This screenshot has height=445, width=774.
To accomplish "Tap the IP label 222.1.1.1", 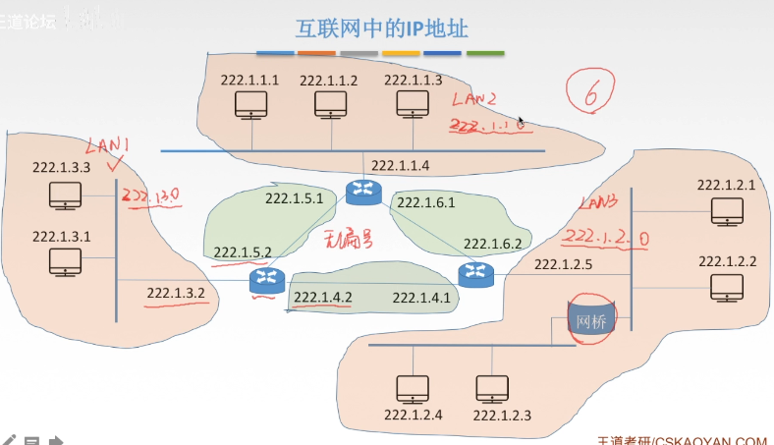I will [249, 80].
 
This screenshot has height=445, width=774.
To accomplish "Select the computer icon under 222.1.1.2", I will [329, 105].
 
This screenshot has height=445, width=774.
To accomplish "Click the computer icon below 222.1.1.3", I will [413, 105].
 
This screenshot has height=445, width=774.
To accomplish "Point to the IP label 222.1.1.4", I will [401, 165].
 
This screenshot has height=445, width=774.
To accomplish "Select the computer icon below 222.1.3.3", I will [64, 196].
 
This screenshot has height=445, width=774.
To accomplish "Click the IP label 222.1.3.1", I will [61, 237].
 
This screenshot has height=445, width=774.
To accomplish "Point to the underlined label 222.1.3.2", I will [176, 292].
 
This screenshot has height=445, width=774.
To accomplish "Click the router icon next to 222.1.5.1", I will [361, 192].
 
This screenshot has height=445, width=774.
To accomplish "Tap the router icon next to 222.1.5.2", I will [265, 281].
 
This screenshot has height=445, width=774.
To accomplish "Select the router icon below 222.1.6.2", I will [476, 275].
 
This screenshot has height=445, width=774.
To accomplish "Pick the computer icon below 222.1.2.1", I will [728, 209].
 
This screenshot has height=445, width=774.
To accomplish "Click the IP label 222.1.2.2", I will [728, 261].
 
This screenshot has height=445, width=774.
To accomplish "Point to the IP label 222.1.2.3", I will [502, 416].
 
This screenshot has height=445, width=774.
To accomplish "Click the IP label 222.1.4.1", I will [421, 297].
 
